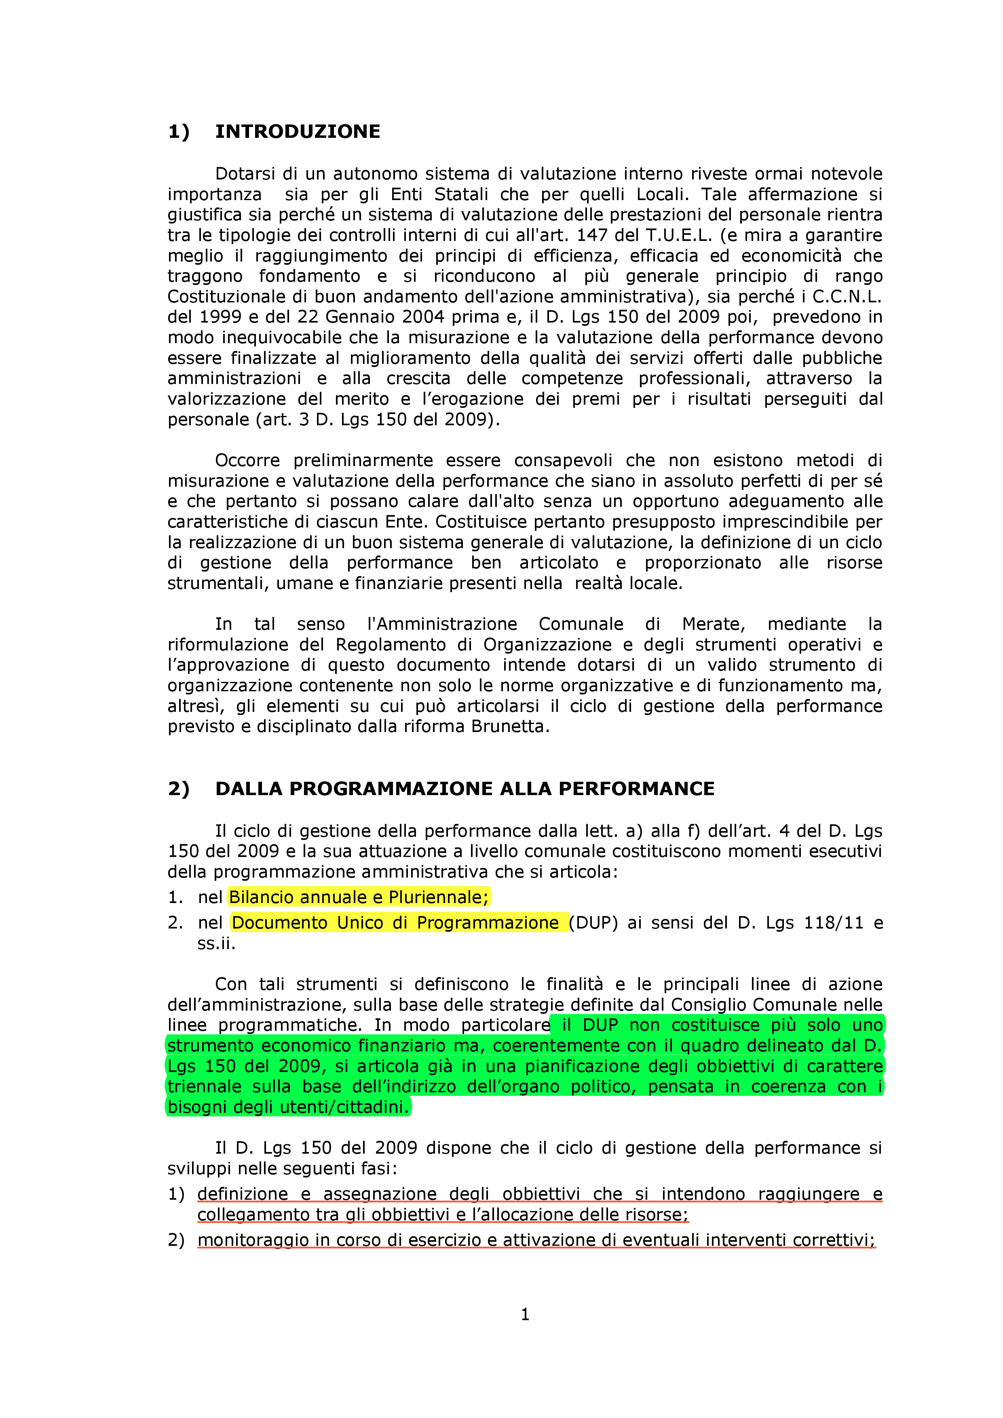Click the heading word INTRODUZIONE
click(297, 131)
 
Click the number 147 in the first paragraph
click(592, 235)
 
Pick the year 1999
click(219, 317)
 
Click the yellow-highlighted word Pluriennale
click(446, 897)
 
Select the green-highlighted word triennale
click(205, 1087)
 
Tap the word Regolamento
click(391, 645)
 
